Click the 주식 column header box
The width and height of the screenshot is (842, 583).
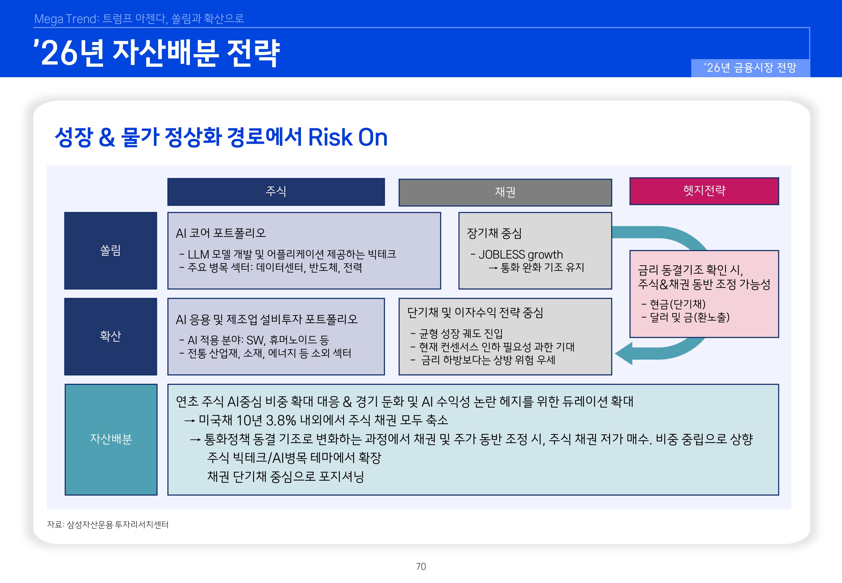276,192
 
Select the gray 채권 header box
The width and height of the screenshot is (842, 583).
505,193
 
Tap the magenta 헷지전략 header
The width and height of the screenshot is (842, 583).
704,191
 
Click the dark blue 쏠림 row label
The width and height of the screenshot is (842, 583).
110,251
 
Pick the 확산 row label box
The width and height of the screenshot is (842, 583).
110,336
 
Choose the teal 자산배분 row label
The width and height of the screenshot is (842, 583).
111,439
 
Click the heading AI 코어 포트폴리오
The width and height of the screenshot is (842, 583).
220,233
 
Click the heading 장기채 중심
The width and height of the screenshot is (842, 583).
494,233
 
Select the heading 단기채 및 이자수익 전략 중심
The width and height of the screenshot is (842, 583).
475,313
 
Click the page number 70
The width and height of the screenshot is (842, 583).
421,567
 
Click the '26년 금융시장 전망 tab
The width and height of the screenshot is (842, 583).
750,68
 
